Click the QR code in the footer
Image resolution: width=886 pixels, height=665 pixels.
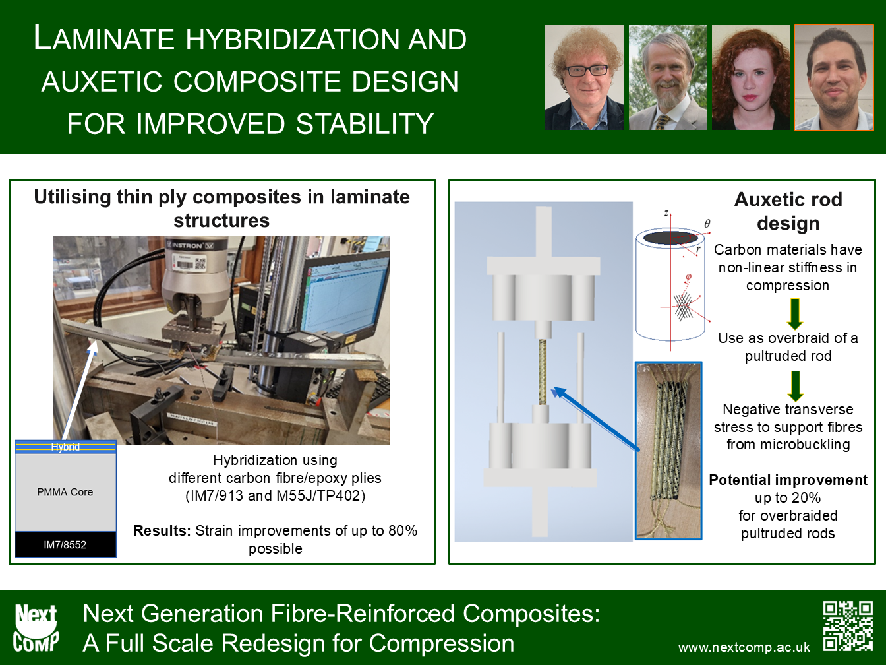pos(848,626)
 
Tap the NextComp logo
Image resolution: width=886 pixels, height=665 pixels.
pos(36,627)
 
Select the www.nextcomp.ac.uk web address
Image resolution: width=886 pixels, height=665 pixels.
pos(744,647)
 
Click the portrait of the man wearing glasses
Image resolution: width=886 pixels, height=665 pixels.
pos(584,78)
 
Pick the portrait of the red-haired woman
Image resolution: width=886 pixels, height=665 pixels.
pos(751,78)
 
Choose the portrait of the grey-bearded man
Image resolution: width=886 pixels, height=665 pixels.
pos(668,78)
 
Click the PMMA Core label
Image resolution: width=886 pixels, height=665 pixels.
pos(65,491)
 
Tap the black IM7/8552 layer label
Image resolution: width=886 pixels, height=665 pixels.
pos(65,545)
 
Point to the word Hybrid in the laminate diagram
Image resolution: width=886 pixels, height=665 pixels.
pos(65,447)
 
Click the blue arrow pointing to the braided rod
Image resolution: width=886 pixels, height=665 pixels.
pos(596,418)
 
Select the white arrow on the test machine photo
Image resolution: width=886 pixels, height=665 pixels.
pos(79,391)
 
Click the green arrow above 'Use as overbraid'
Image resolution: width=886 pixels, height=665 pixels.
pos(795,314)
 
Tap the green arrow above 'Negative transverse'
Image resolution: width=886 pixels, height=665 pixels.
pos(795,387)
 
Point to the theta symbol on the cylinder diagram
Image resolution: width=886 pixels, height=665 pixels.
pos(707,224)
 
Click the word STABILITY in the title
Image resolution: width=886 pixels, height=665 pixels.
pos(365,123)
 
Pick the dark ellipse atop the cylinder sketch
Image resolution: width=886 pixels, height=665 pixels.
pos(670,237)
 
